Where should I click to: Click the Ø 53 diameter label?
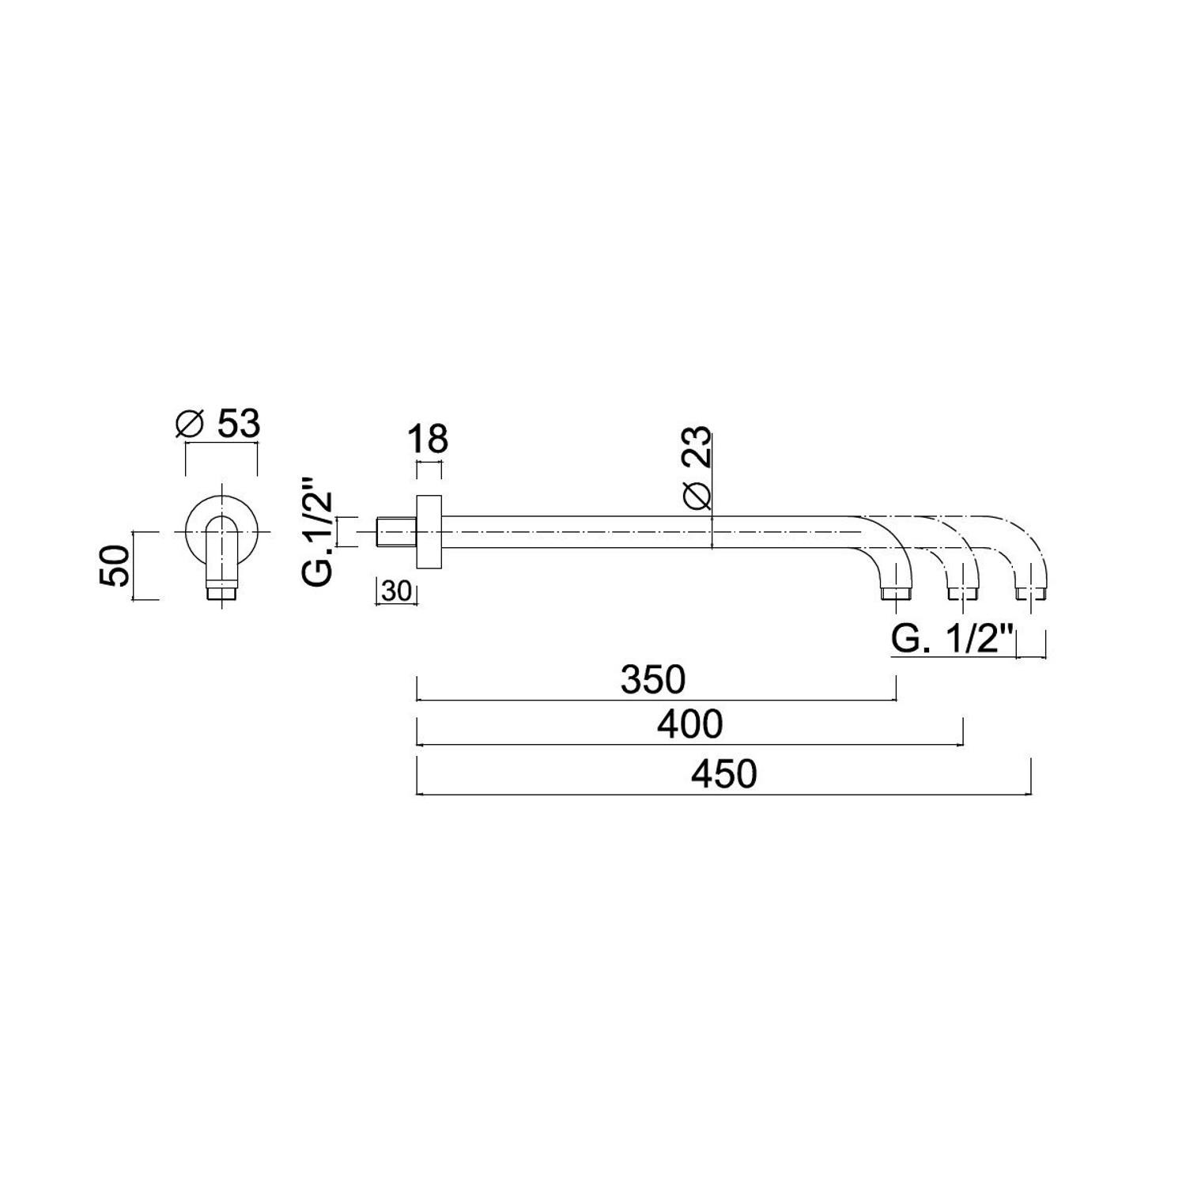coord(217,425)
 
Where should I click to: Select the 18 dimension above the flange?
coord(429,439)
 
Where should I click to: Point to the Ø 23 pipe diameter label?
coord(698,470)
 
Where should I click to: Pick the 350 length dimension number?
coord(653,679)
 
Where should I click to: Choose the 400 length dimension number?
coord(690,724)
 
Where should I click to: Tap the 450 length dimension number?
coord(724,774)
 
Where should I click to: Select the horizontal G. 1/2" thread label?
coord(952,640)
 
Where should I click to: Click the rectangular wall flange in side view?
coord(429,531)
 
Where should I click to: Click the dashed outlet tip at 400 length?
coord(961,592)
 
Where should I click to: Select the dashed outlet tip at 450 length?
coord(1031,592)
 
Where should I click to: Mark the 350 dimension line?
coord(656,700)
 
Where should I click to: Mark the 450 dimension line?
coord(724,794)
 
